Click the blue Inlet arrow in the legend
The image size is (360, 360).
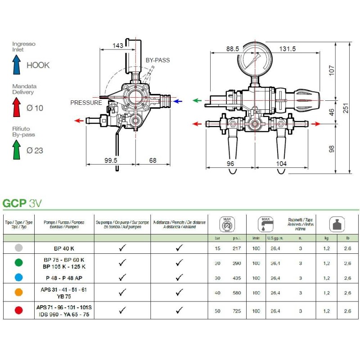point(17,65)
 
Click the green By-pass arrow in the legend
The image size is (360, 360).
point(17,149)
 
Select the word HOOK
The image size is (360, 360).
point(38,65)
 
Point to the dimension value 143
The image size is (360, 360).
point(117,45)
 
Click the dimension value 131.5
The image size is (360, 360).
point(287,49)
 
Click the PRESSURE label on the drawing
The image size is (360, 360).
point(86,103)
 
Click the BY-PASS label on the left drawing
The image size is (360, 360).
point(158,60)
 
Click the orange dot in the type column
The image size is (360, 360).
point(18,292)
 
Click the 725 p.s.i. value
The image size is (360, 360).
point(237,311)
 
